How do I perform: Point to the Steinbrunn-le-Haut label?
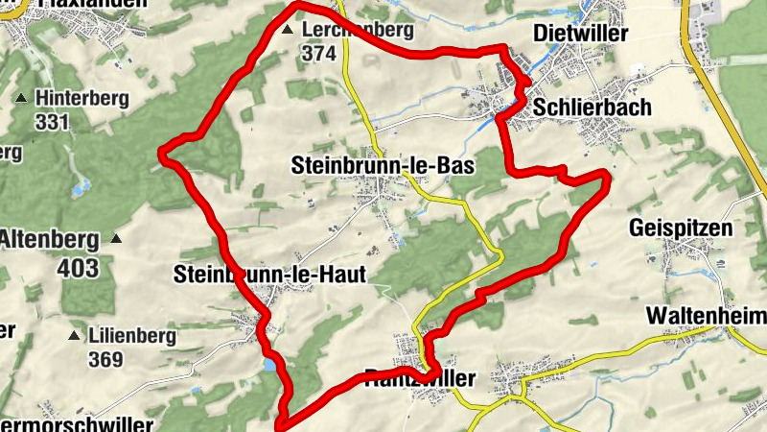click(x=270, y=275)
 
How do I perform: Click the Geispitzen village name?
click(x=681, y=228)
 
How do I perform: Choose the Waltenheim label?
click(x=706, y=315)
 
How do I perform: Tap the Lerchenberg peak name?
click(x=357, y=30)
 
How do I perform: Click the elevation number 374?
click(x=319, y=54)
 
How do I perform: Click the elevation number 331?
click(x=52, y=122)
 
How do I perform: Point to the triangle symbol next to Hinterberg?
click(x=20, y=98)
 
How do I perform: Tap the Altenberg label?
click(x=50, y=236)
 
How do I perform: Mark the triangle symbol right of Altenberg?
click(x=117, y=237)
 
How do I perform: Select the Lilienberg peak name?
click(x=131, y=336)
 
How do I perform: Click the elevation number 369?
click(x=105, y=360)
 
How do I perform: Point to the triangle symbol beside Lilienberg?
click(x=73, y=336)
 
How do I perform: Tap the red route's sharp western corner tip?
click(x=162, y=152)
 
